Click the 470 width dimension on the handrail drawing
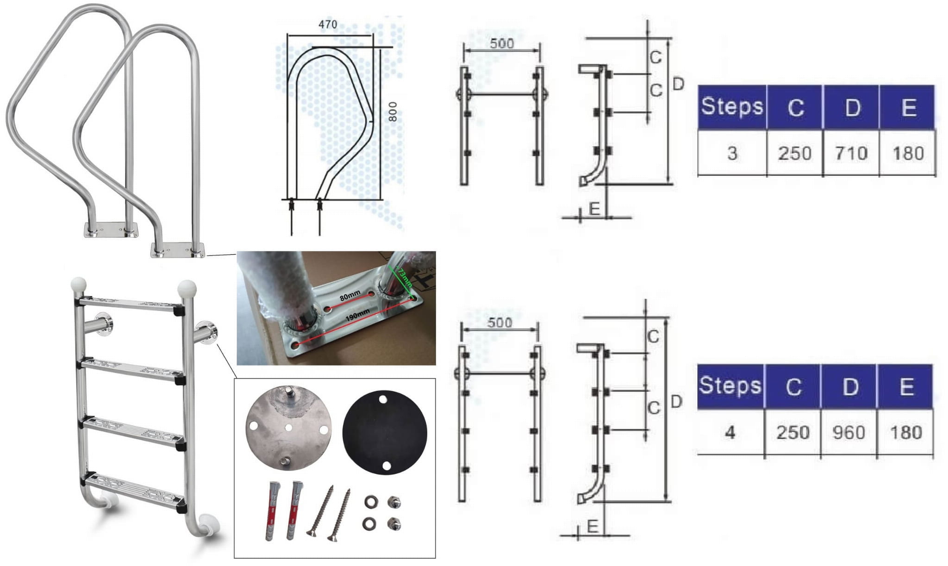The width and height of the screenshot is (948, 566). [x=328, y=25]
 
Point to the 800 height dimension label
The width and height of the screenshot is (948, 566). [x=393, y=112]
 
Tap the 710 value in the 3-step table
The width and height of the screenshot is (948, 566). [x=851, y=153]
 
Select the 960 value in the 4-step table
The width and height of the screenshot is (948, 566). [x=848, y=432]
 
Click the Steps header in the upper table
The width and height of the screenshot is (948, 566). [x=732, y=107]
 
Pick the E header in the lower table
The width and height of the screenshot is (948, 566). [x=906, y=386]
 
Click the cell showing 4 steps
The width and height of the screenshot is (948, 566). [x=730, y=432]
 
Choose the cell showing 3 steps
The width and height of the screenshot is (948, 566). [x=732, y=153]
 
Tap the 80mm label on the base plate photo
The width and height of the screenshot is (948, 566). [x=350, y=295]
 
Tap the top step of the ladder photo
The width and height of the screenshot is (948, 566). [x=130, y=305]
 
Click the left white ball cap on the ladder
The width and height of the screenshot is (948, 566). [x=78, y=284]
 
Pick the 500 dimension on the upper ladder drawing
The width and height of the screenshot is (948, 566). [x=502, y=44]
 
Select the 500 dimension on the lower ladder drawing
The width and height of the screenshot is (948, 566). [x=499, y=323]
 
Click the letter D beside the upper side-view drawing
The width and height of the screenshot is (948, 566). [x=678, y=84]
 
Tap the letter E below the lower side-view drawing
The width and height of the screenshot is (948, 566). [x=592, y=526]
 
